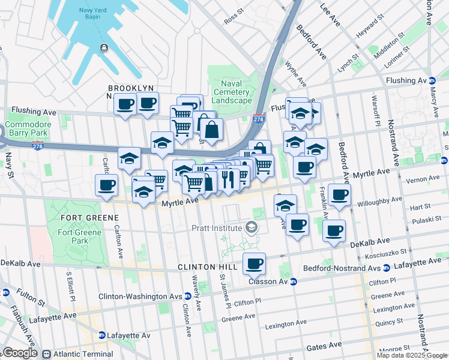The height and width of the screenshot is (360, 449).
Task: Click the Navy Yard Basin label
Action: [x=91, y=16]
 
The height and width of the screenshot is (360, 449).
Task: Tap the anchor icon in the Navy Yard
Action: [x=104, y=47]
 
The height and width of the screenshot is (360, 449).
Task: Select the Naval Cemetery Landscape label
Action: [x=232, y=92]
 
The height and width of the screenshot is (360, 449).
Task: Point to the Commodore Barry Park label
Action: [x=26, y=129]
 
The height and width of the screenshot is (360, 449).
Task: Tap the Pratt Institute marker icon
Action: [x=250, y=227]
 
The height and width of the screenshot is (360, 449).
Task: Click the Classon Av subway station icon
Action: [x=294, y=281]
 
